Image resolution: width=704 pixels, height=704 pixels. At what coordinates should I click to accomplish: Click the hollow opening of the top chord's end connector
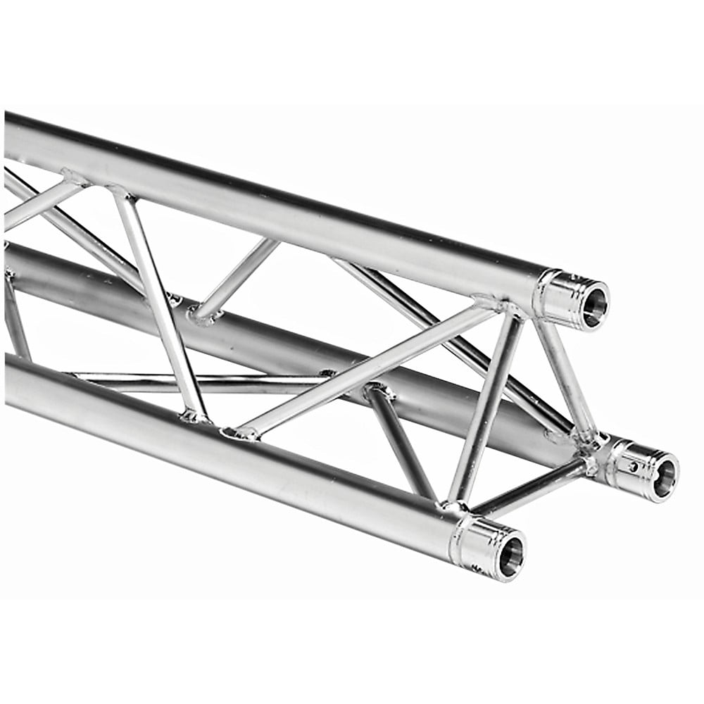tap(593, 304)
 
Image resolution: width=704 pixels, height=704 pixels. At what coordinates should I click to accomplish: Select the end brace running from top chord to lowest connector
tap(486, 408)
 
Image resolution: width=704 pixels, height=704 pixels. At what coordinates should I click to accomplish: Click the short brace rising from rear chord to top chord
tap(236, 278)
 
